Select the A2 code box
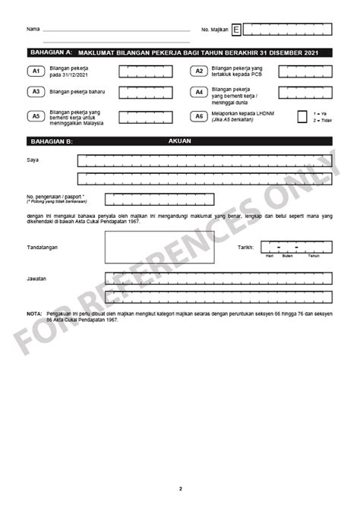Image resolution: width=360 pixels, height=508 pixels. (x=199, y=71)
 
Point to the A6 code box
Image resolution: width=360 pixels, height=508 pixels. (x=199, y=116)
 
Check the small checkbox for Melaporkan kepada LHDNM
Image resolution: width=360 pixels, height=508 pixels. (x=302, y=116)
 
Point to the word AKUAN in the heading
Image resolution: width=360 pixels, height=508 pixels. (x=179, y=141)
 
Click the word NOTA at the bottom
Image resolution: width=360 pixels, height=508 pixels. (x=34, y=313)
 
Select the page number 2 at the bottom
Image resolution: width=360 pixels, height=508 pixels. (x=180, y=487)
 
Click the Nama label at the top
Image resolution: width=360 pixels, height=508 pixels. (x=33, y=30)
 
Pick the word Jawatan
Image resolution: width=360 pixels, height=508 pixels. (x=37, y=279)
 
